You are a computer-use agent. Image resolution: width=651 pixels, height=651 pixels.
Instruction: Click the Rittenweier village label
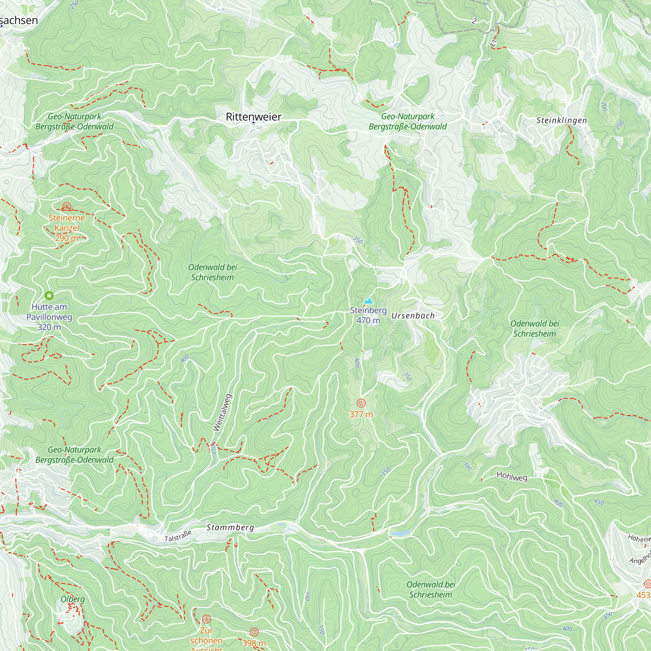[x=253, y=117]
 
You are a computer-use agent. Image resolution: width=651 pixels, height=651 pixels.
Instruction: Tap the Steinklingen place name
[x=561, y=120]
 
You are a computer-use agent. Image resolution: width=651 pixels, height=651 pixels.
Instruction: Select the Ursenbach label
[x=413, y=316]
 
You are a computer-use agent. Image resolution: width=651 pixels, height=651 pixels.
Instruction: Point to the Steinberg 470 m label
[x=368, y=315]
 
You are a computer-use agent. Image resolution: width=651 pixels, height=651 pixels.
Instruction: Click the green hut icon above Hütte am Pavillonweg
[x=49, y=296]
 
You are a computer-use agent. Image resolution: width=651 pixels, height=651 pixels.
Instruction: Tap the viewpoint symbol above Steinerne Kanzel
[x=67, y=206]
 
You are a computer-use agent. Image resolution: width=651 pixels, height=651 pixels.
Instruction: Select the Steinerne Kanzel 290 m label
[x=67, y=228]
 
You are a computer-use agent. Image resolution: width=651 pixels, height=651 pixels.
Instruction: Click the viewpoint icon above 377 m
[x=361, y=403]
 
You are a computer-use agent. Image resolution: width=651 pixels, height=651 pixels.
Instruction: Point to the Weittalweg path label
[x=222, y=412]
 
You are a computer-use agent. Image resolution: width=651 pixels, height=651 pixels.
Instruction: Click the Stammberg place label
[x=230, y=527]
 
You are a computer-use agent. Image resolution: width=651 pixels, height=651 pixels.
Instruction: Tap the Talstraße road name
[x=178, y=536]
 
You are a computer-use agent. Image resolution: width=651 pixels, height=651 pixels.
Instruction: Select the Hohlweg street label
[x=512, y=476]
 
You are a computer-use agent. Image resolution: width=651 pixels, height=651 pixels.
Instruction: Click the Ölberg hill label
[x=73, y=599]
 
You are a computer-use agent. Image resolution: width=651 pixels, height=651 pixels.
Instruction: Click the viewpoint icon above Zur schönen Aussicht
[x=206, y=619]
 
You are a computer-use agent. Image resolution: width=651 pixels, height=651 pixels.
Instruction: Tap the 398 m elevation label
[x=254, y=643]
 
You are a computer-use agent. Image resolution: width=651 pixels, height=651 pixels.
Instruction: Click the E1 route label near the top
[x=494, y=43]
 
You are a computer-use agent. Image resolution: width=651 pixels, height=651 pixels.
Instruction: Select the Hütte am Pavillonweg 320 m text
[x=49, y=317]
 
